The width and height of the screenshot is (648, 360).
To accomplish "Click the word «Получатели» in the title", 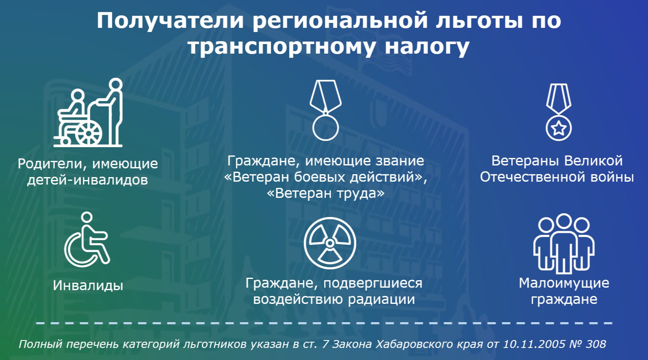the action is [170, 21].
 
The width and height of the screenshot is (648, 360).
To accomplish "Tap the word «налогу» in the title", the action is [427, 47].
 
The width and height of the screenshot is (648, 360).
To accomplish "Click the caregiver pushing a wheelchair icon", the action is [88, 113].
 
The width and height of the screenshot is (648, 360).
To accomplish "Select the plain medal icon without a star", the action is [325, 110].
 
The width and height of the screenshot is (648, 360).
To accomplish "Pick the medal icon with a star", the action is [559, 112].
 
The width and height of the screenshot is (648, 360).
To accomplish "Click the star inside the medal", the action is [559, 128].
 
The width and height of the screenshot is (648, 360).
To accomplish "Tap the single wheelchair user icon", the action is [87, 239].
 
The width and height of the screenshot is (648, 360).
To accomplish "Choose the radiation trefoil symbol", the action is [330, 243].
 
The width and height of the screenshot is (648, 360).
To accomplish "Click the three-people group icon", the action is [564, 244].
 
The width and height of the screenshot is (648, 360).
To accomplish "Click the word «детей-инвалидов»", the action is [87, 180].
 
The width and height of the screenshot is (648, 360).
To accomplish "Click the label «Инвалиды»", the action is [88, 286].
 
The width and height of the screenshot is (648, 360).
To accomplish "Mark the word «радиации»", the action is [381, 299].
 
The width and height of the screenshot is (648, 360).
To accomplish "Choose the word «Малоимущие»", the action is [564, 283].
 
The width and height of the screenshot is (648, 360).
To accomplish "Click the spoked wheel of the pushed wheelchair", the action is [89, 133].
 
